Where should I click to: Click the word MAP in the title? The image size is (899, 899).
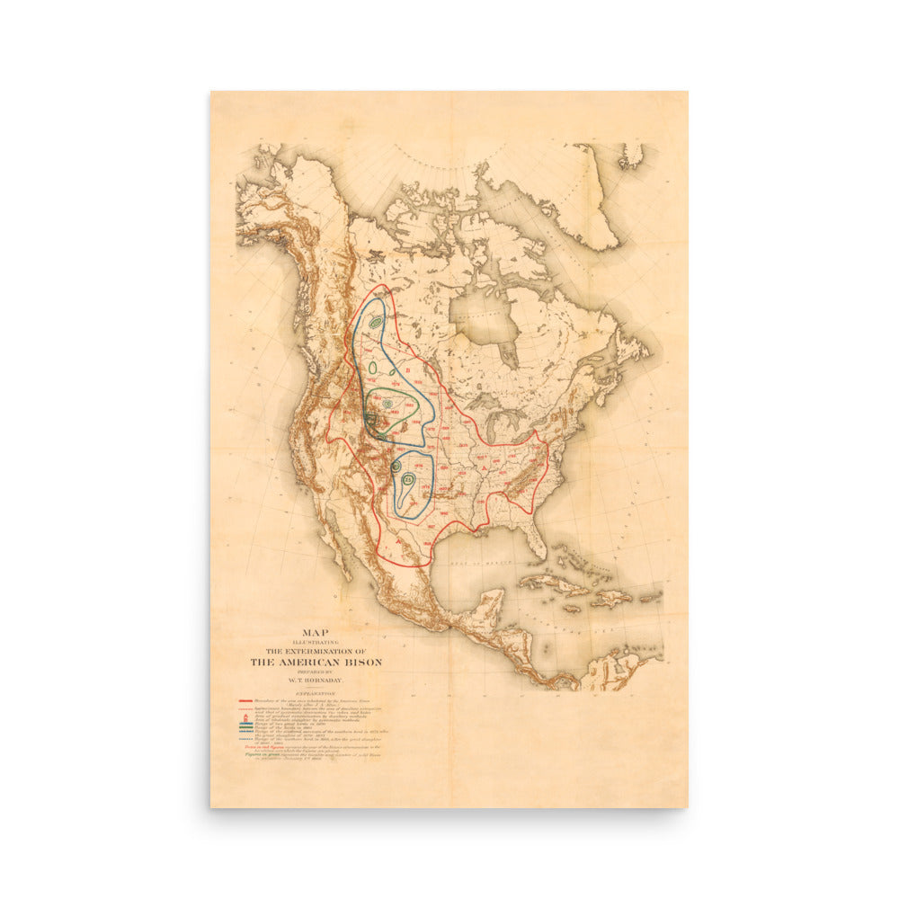[x=316, y=632]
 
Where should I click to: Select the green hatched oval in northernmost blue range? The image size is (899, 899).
[x=377, y=321]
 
